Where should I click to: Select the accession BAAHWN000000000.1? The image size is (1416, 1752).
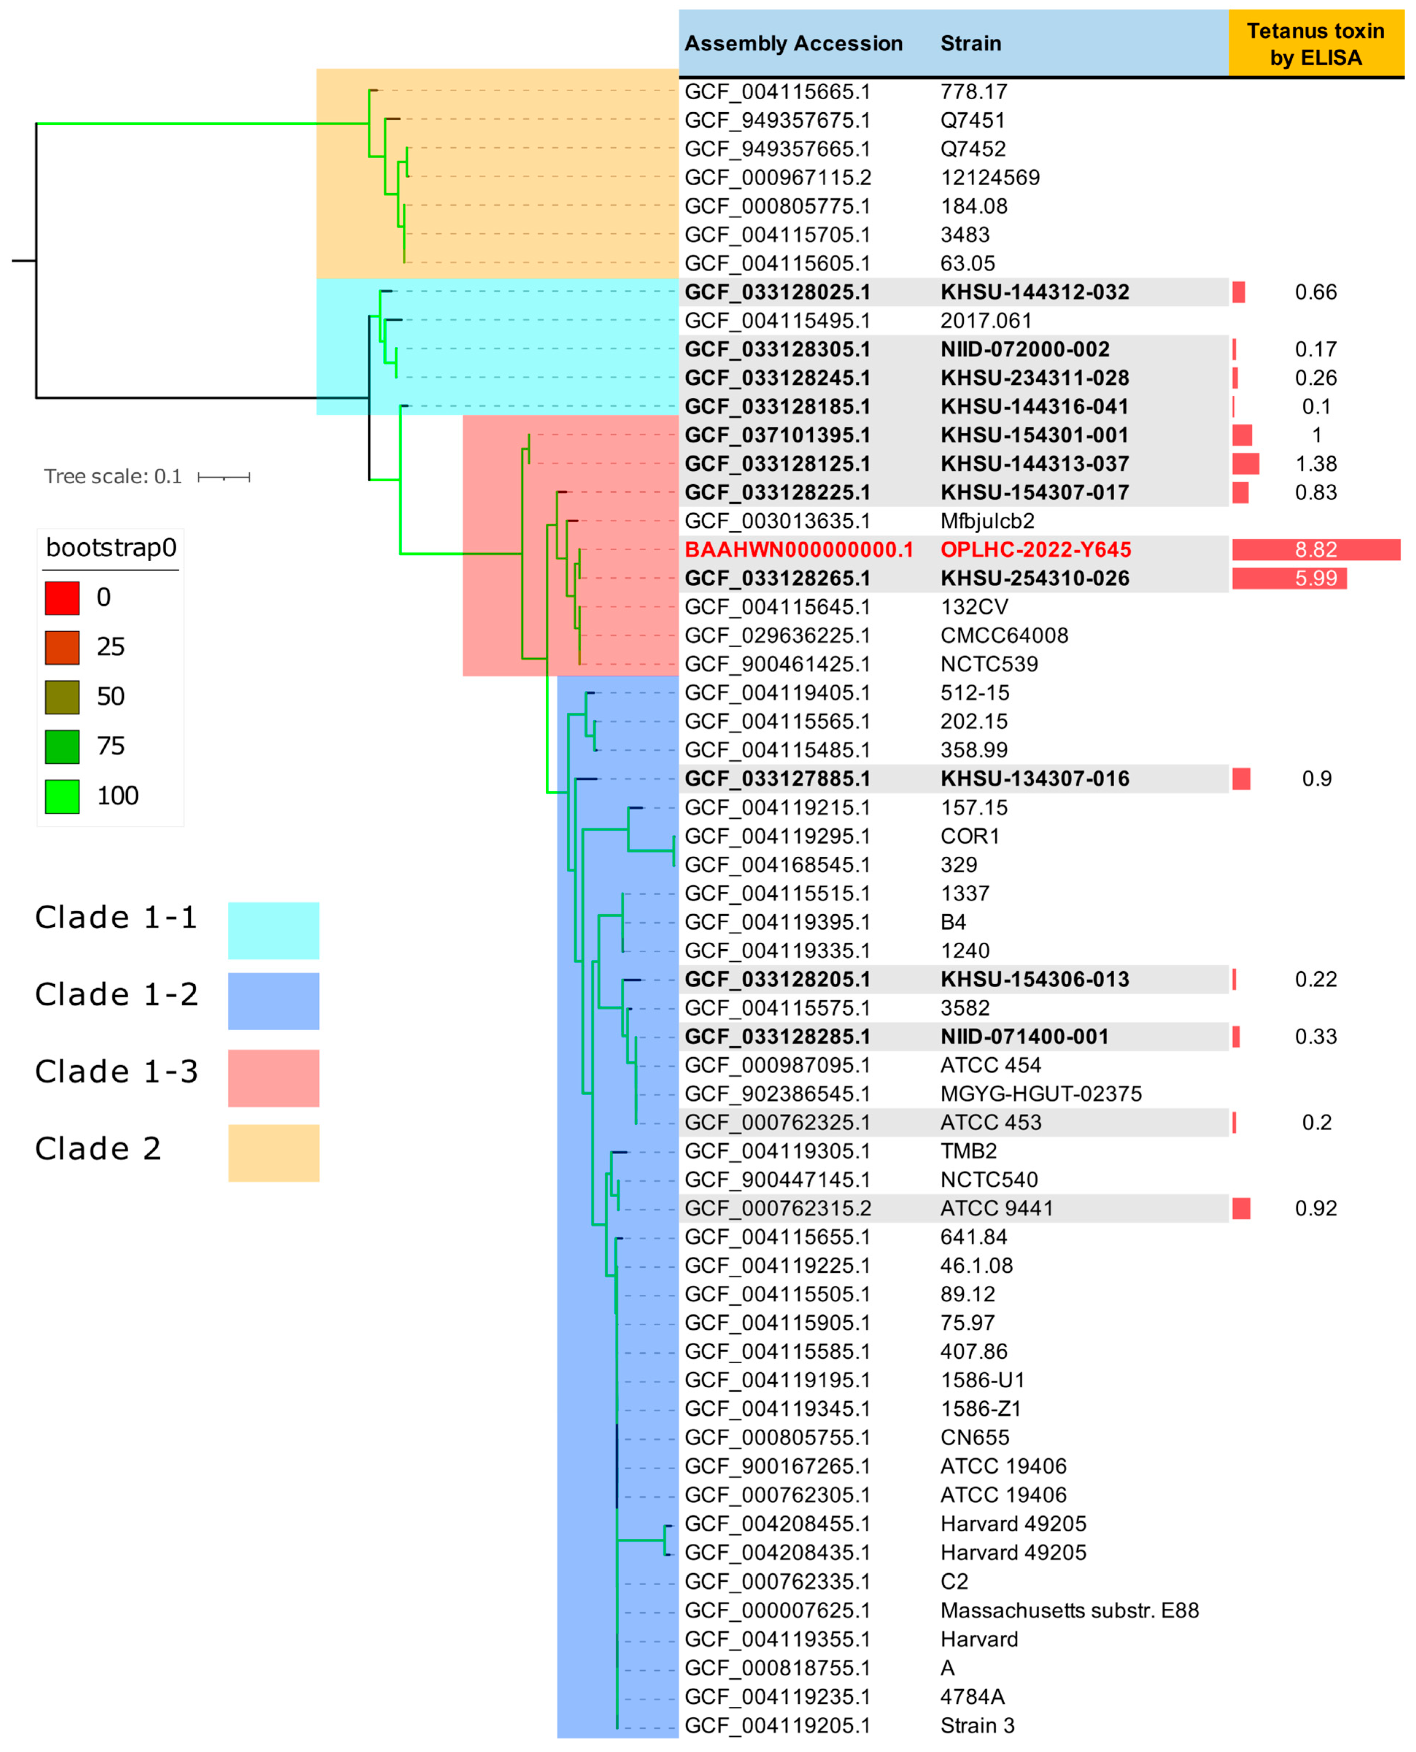click(x=798, y=550)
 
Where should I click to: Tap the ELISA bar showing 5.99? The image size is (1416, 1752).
click(x=1289, y=578)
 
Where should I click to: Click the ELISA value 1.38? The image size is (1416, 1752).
click(x=1316, y=464)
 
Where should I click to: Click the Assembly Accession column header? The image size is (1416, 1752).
click(x=793, y=44)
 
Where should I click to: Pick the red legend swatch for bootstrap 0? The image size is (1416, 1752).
click(x=62, y=598)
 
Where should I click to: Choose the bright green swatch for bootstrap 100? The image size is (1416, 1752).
click(x=62, y=796)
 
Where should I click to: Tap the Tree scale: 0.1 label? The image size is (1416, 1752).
click(x=113, y=476)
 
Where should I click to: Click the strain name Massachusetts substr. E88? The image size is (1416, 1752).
click(x=1069, y=1611)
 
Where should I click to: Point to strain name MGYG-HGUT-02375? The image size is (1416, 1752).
click(x=1041, y=1094)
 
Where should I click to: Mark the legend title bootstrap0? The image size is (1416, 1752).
click(x=111, y=547)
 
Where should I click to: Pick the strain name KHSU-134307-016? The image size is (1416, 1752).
click(x=1034, y=779)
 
